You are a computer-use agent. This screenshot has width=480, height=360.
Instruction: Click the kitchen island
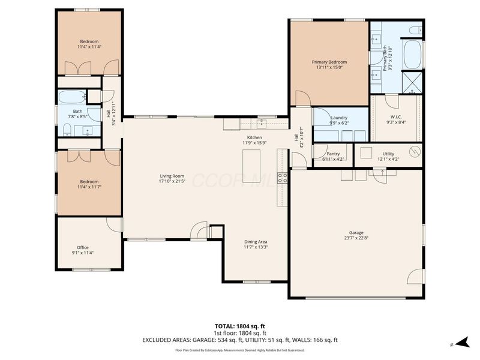click(251, 161)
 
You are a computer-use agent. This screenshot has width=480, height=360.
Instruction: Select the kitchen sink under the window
click(262, 124)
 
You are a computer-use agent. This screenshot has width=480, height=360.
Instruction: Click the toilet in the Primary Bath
click(415, 29)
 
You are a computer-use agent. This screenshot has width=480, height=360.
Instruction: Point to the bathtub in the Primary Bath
click(413, 55)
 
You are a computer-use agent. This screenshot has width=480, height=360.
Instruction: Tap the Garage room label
click(356, 233)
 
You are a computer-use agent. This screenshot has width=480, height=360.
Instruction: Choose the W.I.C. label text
click(397, 117)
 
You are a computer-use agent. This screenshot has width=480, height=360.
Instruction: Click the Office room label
click(82, 247)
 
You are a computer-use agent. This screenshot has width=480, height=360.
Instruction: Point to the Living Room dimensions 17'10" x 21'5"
click(172, 181)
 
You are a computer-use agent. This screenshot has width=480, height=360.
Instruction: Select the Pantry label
click(332, 154)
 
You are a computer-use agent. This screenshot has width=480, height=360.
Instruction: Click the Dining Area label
click(256, 241)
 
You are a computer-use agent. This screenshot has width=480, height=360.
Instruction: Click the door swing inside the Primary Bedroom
click(302, 98)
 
